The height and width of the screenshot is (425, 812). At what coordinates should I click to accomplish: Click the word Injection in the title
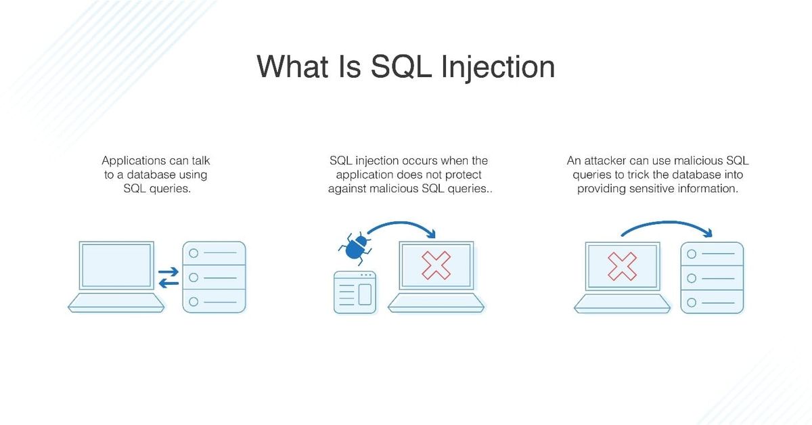pyautogui.click(x=497, y=68)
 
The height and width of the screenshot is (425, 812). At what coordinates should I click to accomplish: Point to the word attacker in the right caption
pyautogui.click(x=605, y=161)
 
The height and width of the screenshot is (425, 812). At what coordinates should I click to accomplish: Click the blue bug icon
pyautogui.click(x=354, y=248)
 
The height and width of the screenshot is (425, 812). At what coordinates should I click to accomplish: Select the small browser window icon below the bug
pyautogui.click(x=355, y=292)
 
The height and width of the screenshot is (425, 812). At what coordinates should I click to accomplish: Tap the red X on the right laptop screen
pyautogui.click(x=622, y=266)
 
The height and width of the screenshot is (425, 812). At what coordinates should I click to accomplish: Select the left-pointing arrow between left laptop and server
pyautogui.click(x=169, y=284)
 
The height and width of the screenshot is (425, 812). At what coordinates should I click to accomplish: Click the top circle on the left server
pyautogui.click(x=194, y=253)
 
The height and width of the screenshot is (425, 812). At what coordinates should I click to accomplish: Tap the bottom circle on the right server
pyautogui.click(x=692, y=302)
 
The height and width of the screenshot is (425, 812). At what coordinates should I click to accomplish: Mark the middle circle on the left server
pyautogui.click(x=194, y=277)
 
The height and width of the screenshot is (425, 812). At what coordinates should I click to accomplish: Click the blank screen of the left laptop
pyautogui.click(x=116, y=266)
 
